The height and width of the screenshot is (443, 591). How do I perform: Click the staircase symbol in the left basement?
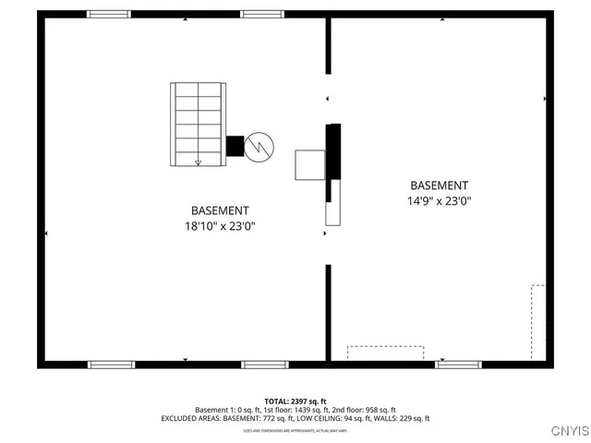coord(198,124)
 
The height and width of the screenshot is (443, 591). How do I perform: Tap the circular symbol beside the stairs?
coord(260,145)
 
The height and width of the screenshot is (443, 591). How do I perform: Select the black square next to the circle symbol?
coord(235,146)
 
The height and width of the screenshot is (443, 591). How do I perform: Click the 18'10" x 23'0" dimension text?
coord(220,225)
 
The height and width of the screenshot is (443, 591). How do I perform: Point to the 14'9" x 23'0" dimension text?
coord(439,200)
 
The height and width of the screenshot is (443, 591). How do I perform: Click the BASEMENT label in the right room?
coord(439,186)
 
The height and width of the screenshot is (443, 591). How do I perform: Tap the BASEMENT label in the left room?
coord(220,210)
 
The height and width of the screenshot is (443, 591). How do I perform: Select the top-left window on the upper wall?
coord(109,14)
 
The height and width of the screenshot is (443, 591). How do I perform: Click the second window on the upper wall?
coord(261,14)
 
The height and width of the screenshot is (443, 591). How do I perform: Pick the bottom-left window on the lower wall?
coord(112,365)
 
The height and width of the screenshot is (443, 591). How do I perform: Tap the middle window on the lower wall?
coord(265,365)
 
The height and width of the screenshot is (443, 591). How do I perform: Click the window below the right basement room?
coord(459,365)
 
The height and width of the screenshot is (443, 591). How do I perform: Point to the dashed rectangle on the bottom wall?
coord(385,353)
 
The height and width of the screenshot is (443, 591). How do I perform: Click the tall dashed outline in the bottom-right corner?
coord(537,321)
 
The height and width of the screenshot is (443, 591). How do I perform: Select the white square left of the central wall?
coord(308,164)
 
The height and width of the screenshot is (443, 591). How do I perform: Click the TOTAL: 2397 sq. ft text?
coord(295,401)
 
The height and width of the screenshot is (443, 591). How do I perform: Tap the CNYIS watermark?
coord(568,430)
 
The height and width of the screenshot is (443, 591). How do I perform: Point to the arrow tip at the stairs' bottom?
coord(198,163)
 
